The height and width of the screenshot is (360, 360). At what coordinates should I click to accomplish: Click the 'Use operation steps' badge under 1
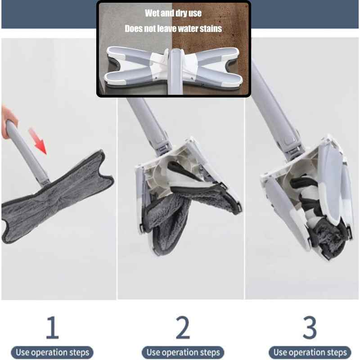(x=53, y=352)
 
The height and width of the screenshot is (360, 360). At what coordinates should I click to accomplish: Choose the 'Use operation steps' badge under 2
(x=183, y=352)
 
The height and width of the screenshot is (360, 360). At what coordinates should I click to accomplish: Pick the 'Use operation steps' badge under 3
(x=310, y=352)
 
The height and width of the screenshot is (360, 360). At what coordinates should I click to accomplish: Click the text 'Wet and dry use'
(x=173, y=13)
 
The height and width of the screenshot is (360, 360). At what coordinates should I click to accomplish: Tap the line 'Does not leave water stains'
(x=173, y=29)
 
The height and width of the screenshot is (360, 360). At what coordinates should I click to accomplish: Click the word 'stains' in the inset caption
(x=210, y=29)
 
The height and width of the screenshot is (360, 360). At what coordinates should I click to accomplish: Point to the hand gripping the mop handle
(x=8, y=119)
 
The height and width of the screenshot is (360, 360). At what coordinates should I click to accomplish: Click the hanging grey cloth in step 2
(x=166, y=216)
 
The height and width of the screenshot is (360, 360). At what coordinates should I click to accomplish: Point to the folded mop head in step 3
(x=306, y=198)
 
